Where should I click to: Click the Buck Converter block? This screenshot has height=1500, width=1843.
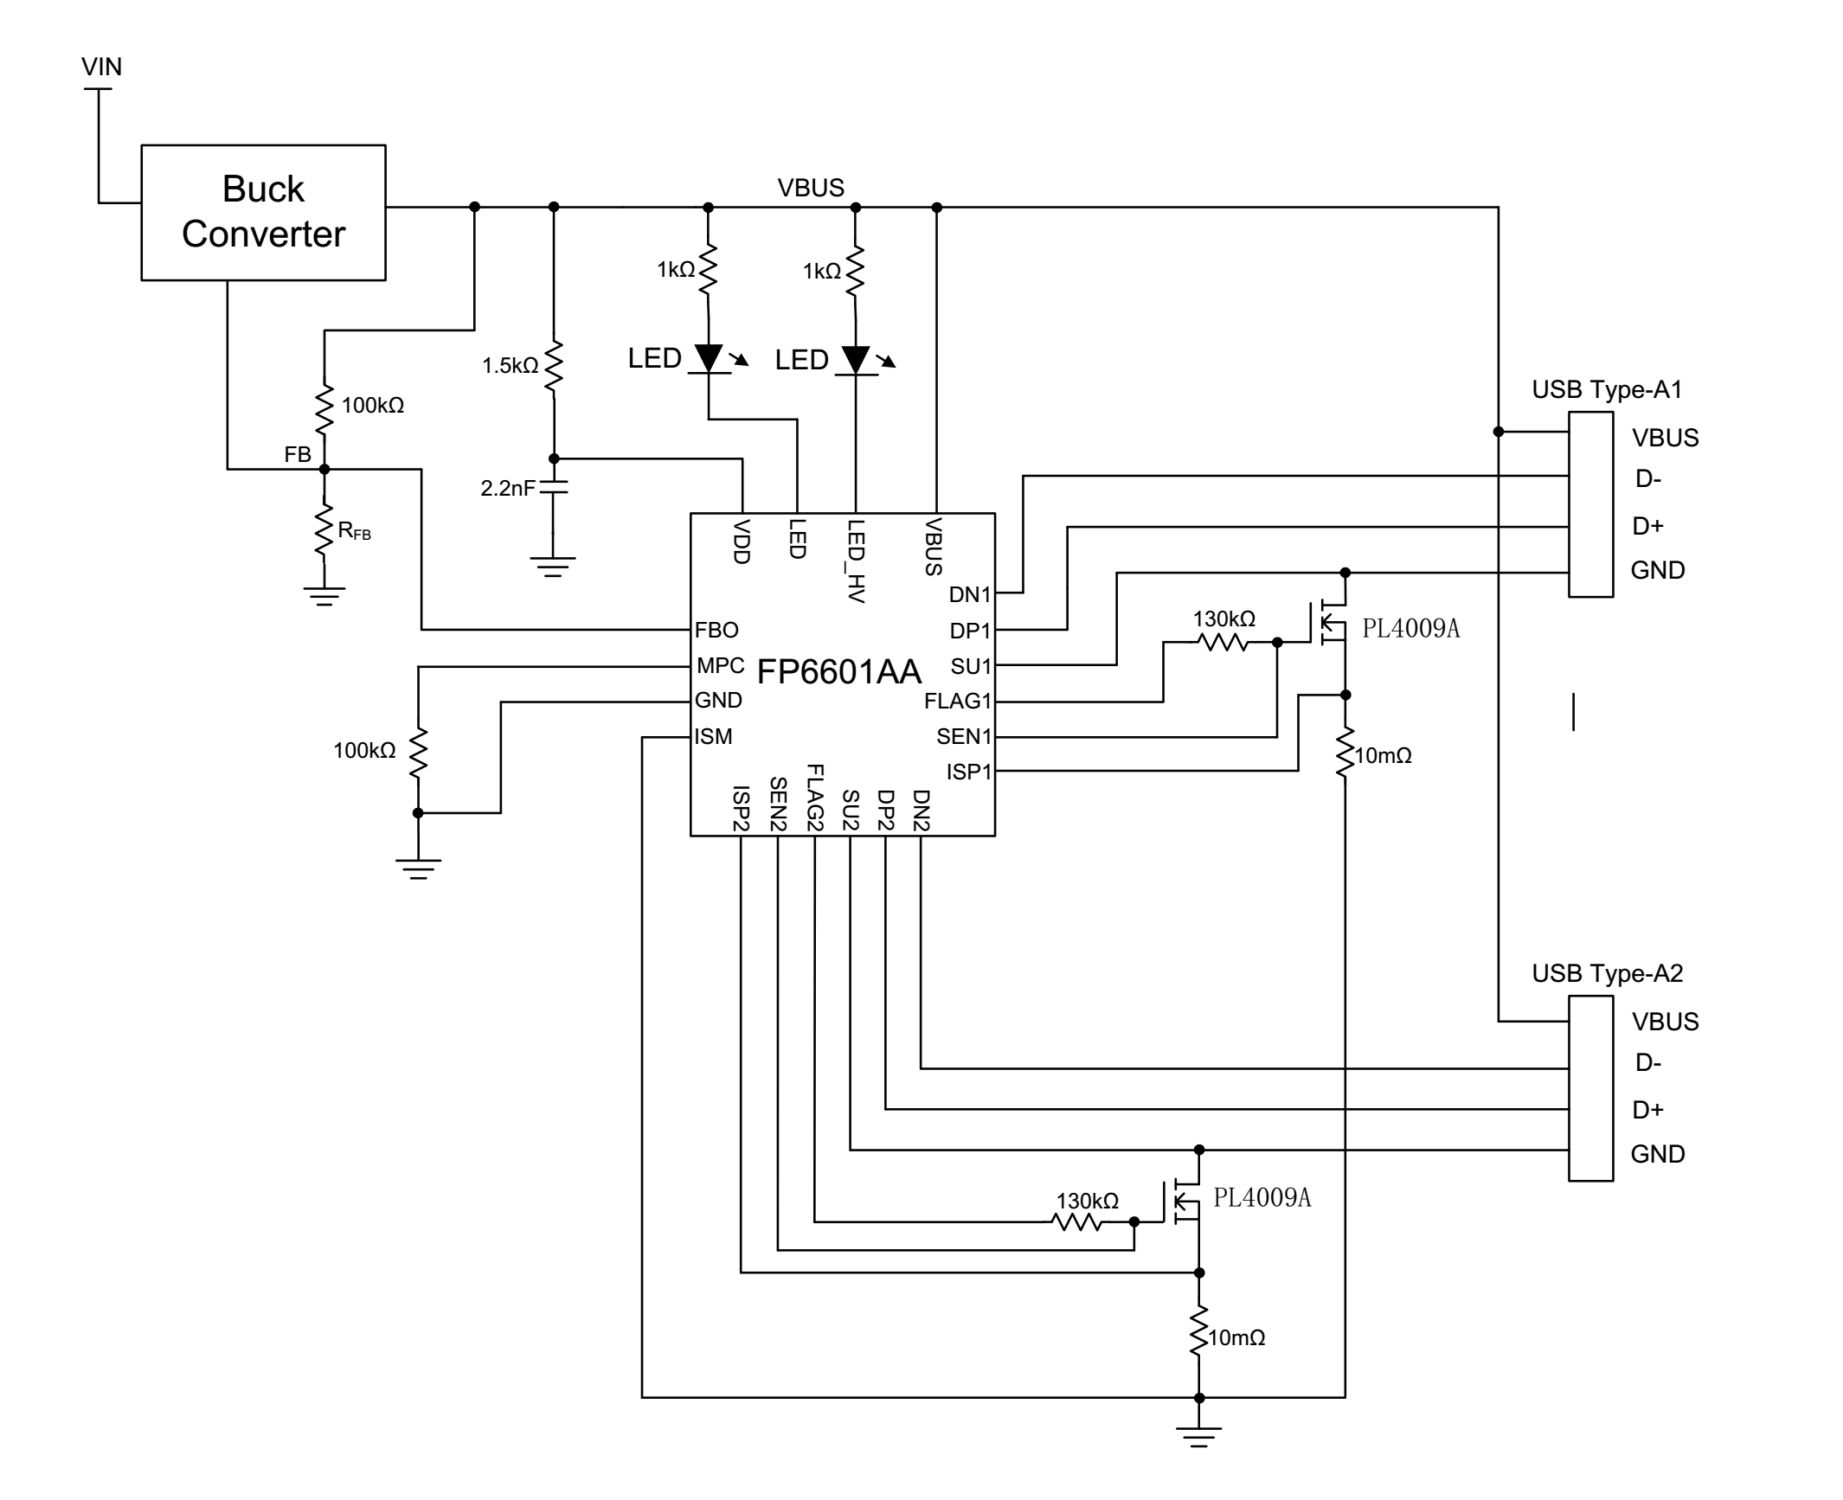(263, 212)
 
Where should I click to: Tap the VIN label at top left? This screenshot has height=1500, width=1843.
(101, 67)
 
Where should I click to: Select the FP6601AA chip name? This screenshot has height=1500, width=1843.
(838, 671)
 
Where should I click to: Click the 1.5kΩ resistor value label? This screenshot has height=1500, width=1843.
(510, 366)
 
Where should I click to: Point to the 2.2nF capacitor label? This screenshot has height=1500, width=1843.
(507, 489)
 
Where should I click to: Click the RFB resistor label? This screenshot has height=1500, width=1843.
(354, 531)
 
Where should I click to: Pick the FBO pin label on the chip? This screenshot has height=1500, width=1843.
(716, 630)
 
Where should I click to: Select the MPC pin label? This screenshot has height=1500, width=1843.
(720, 665)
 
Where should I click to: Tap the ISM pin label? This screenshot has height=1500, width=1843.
(713, 736)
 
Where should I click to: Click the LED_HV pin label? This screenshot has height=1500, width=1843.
(856, 561)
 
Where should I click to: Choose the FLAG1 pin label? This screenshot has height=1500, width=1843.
(957, 701)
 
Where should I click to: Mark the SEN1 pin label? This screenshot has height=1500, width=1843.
(963, 736)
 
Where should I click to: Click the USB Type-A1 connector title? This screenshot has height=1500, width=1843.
(1607, 389)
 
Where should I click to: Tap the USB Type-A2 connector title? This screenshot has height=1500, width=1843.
(1607, 973)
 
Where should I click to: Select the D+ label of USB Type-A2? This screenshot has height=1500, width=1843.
(1647, 1109)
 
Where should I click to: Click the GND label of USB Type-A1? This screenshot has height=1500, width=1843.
(1657, 570)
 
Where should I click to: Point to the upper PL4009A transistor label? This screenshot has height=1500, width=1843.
(1410, 629)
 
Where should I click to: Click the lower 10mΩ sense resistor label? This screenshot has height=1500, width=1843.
(1236, 1337)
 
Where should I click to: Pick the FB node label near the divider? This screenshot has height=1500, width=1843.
(298, 454)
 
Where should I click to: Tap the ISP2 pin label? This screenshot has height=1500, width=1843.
(741, 809)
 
